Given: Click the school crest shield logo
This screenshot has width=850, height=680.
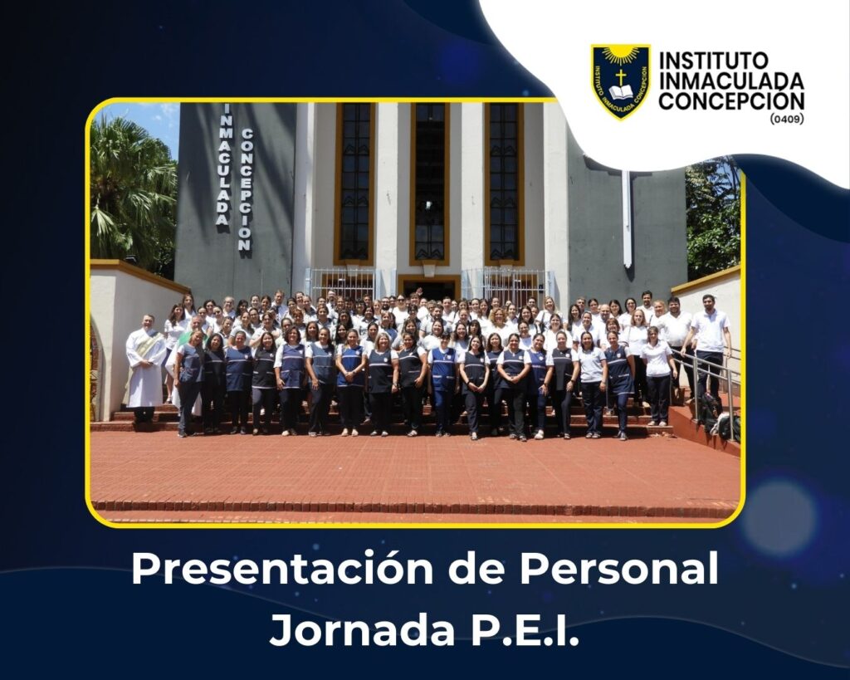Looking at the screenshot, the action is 620,81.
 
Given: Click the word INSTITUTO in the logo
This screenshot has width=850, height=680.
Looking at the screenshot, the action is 713,61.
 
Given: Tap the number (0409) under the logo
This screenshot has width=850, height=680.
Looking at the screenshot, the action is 787,118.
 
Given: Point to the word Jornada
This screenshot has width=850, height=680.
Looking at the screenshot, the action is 362,629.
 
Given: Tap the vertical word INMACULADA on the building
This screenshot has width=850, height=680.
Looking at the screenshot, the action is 224,165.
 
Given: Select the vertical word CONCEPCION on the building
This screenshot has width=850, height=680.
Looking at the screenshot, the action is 246,189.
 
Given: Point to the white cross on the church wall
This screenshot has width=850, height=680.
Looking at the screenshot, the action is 627,217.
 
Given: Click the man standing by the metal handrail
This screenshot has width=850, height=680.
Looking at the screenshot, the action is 710,347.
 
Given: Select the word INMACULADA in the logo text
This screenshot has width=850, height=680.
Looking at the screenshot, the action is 731,81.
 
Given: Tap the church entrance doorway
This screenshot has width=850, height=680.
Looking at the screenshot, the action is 429,288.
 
